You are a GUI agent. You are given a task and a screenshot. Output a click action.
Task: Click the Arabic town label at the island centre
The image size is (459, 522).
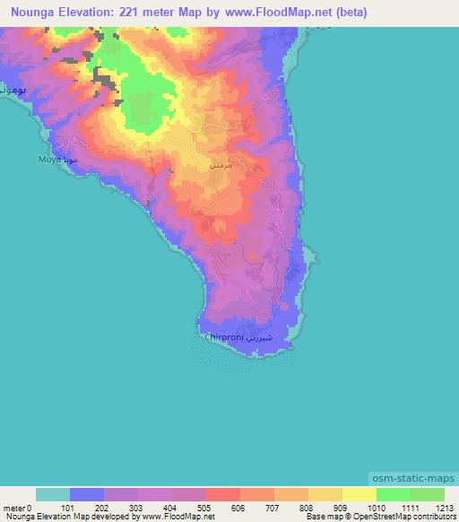point(220,166)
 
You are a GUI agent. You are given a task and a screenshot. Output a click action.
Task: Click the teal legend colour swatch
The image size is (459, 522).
point(52,494)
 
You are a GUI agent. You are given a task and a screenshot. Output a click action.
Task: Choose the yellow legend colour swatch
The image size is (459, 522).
point(359,494)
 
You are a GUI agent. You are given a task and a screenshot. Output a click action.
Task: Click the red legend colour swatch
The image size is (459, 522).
point(222,494)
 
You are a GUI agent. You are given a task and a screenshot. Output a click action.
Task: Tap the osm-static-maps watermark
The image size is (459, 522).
point(413,479)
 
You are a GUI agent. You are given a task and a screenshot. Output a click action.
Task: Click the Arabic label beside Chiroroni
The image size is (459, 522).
point(269,339)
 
